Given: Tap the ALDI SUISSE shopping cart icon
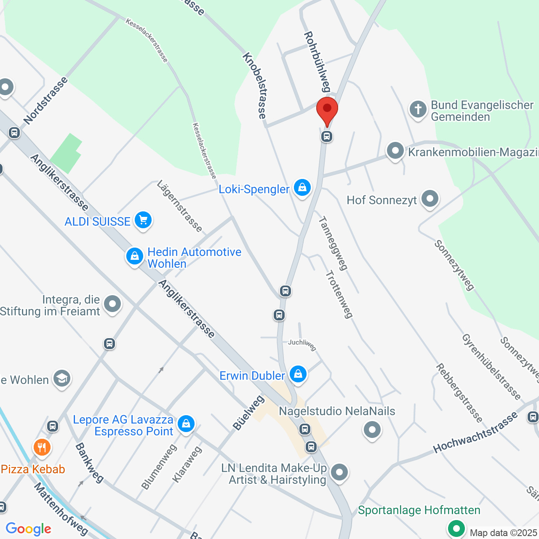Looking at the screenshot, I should [143, 220].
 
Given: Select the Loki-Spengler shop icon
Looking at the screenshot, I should [302, 188].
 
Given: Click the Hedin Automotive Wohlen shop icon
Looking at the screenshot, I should [135, 256].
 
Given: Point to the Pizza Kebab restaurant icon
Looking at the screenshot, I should [42, 447].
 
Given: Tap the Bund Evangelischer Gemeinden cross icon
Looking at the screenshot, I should [418, 109].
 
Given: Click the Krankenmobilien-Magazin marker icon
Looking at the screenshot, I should [395, 151].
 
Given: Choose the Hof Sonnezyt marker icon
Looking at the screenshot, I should [430, 199].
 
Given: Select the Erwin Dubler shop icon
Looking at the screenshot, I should [298, 374].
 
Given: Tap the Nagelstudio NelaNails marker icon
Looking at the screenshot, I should [372, 430].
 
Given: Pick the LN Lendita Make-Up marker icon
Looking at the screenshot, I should [339, 472].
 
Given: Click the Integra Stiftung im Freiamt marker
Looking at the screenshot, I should [112, 304].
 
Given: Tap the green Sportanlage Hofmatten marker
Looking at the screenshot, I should [456, 528].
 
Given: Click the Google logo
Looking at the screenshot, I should [29, 529].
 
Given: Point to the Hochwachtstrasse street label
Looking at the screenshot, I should [475, 432].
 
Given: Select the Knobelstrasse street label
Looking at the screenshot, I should [255, 86].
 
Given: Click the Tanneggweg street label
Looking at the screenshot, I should [333, 243].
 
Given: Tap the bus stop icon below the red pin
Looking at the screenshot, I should [327, 136].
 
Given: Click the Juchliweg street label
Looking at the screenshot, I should [302, 344].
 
